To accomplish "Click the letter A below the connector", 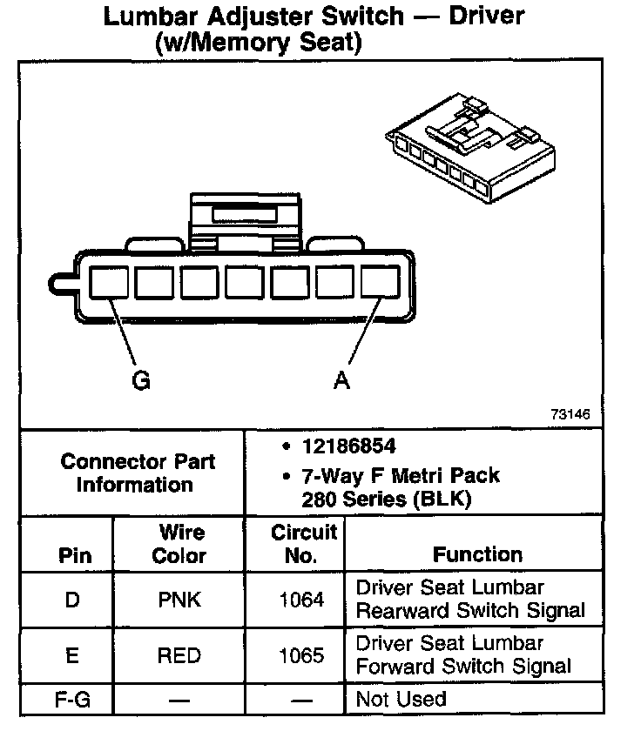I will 342,381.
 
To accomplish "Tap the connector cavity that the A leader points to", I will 381,283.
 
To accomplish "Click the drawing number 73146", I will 570,414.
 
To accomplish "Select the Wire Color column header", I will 179,544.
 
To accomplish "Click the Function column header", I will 477,554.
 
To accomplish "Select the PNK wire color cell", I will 179,600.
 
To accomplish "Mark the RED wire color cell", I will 179,655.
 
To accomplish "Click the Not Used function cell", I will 401,699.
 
